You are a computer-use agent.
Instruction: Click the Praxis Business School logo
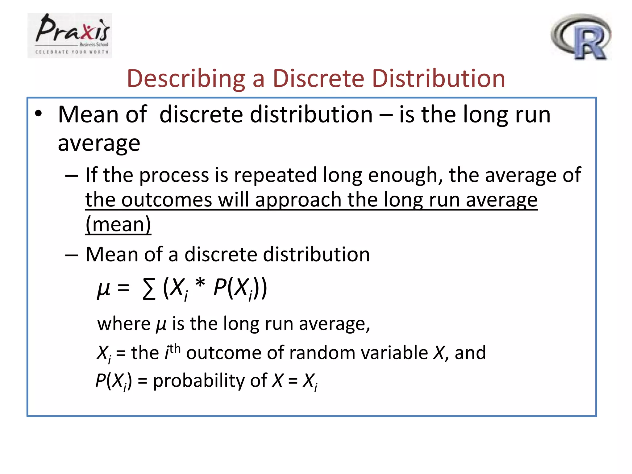click(x=70, y=35)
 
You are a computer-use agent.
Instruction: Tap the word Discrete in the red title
click(x=318, y=78)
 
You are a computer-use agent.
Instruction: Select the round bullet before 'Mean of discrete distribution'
click(x=38, y=114)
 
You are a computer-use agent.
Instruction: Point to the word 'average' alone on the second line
click(x=99, y=143)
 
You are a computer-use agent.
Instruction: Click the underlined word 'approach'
click(x=298, y=200)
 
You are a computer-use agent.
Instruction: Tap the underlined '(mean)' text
click(x=118, y=224)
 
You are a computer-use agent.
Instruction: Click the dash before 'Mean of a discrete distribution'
click(x=72, y=255)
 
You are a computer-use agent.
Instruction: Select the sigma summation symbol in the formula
click(x=149, y=289)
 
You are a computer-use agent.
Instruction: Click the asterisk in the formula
click(x=200, y=283)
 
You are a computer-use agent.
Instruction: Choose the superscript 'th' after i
click(x=175, y=348)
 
